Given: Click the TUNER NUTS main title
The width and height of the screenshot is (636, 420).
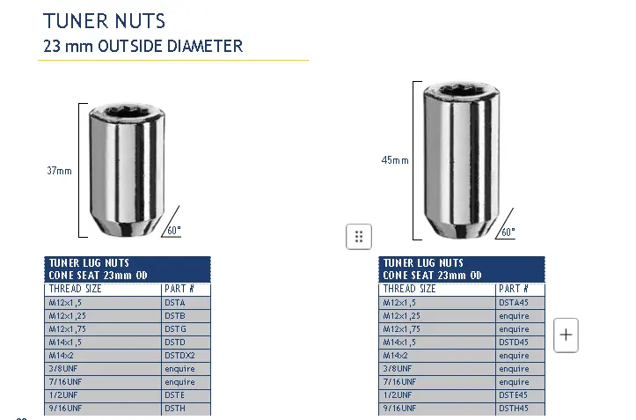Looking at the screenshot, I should click(x=104, y=20).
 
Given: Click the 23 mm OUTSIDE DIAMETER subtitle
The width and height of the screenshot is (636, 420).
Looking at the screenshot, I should click(x=143, y=46).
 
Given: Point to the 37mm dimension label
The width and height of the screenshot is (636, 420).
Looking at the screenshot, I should click(x=59, y=171).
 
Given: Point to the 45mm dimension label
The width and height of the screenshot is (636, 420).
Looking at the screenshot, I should click(x=394, y=160).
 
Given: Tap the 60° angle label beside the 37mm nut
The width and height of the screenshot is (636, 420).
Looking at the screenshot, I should click(x=173, y=230).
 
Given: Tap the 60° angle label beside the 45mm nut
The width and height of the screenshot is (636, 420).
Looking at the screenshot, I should click(x=508, y=232).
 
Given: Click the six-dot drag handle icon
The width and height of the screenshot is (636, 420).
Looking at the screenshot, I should click(x=359, y=236).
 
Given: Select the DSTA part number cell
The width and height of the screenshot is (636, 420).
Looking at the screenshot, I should click(x=186, y=303).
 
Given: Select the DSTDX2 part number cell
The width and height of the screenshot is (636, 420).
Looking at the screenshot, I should click(x=186, y=356).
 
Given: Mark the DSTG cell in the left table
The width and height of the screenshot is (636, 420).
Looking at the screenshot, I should click(x=186, y=329).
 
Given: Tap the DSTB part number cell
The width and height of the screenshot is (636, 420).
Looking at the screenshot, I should click(x=186, y=316).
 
